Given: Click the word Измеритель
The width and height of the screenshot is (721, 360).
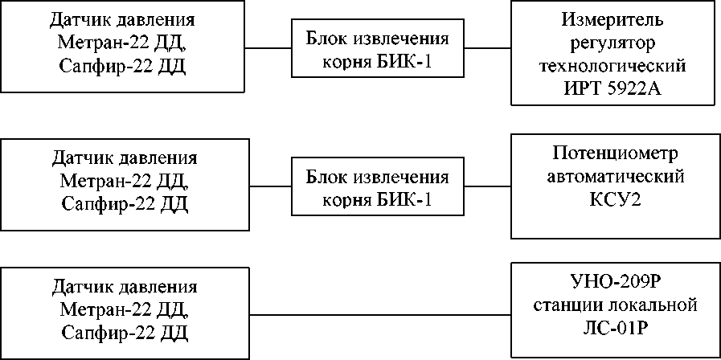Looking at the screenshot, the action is point(612,20).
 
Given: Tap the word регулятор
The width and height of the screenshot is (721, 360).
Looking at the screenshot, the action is point(612,43).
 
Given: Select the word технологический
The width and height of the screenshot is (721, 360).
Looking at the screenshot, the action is point(612,66).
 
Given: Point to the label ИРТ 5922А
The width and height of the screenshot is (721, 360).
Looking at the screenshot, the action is point(612,88).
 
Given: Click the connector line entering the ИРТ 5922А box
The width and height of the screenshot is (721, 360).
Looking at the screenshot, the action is point(488,48).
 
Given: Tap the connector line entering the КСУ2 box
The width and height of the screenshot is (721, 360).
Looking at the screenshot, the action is point(488,186).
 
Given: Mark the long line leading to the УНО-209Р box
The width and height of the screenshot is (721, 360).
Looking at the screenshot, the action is point(380,315).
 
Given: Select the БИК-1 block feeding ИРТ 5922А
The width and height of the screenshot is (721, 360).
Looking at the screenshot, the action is point(378,48).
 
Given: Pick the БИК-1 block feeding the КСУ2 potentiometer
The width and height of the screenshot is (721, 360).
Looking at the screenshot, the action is point(378,186).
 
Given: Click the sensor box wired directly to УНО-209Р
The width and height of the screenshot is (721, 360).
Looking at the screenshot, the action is point(125,313).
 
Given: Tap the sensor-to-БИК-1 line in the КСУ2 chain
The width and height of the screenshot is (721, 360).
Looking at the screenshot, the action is point(270,186).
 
